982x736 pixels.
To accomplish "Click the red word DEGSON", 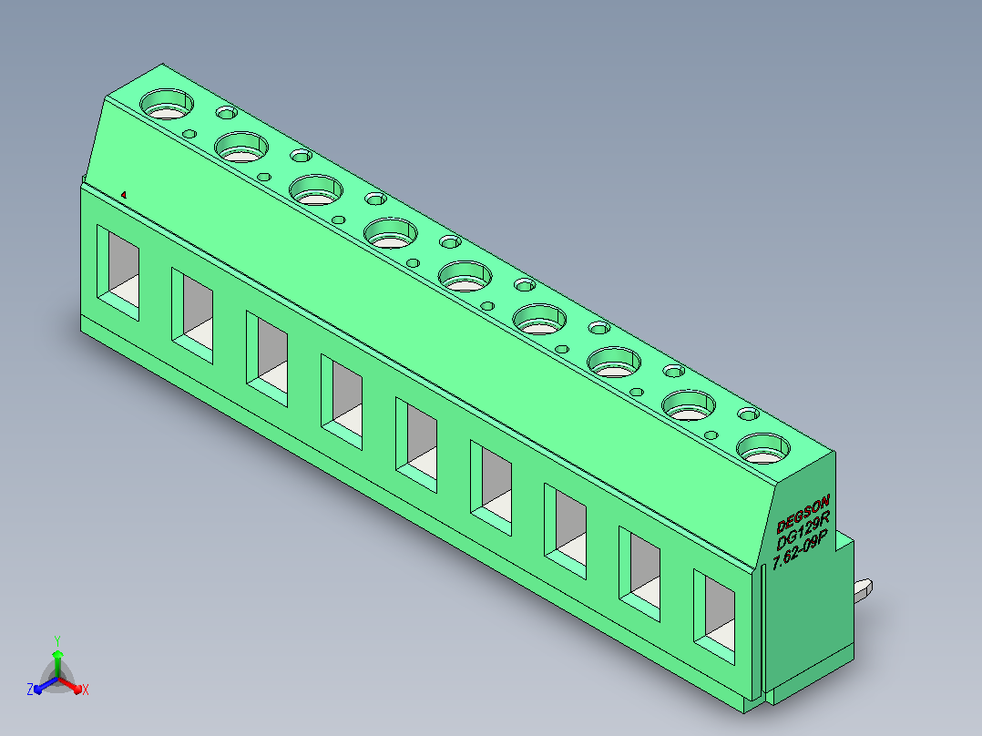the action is click(x=803, y=513).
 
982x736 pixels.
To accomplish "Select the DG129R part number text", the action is click(x=803, y=529).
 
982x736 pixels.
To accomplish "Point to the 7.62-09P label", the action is click(x=800, y=549).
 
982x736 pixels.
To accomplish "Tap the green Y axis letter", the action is click(x=57, y=640).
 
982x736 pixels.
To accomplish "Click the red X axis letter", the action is click(x=86, y=690).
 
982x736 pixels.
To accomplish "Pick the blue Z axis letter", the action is click(x=29, y=690).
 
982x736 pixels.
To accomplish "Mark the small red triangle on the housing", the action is click(x=124, y=195).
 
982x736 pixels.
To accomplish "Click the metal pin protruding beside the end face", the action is click(x=864, y=590).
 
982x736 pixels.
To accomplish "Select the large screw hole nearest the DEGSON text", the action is click(x=762, y=448).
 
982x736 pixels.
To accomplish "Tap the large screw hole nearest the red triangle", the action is click(x=167, y=104).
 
